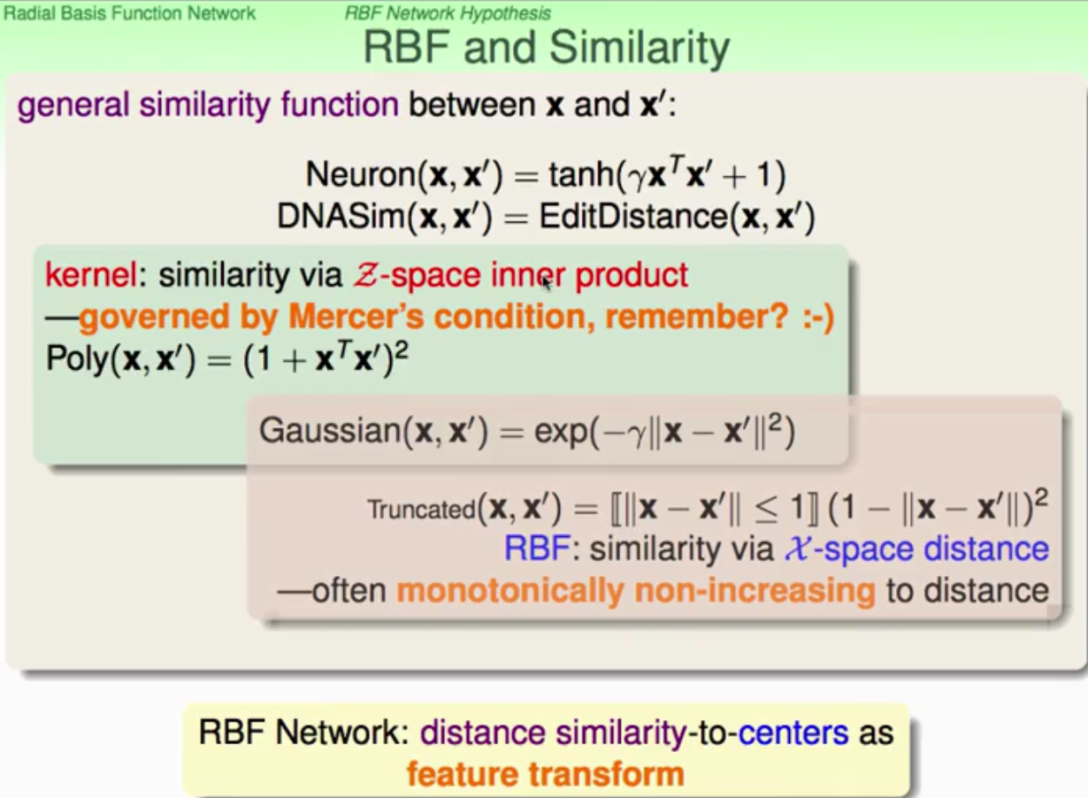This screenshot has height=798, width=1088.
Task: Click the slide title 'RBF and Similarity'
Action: coord(546,49)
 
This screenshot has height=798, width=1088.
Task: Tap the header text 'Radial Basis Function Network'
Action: coord(129,13)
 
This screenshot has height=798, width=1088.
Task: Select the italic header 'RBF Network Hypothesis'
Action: coord(448,13)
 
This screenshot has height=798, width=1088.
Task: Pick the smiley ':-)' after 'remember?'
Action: coord(813,318)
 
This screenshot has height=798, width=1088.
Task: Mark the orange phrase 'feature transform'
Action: coord(545,774)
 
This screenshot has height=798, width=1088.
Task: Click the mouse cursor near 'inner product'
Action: coord(545,281)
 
